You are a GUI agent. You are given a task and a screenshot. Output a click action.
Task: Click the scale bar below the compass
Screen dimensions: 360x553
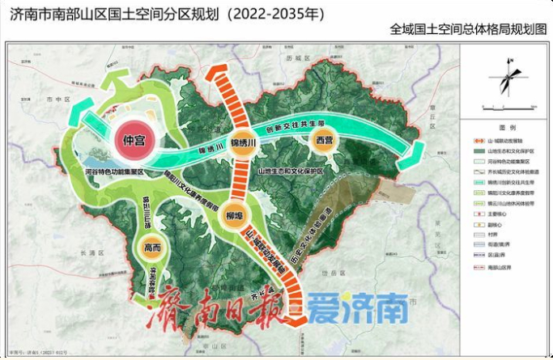click(505, 106)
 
